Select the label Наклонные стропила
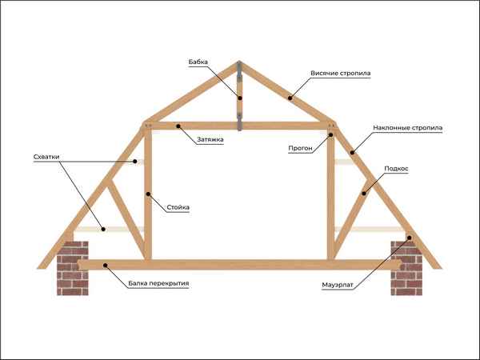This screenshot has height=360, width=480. click(x=407, y=128)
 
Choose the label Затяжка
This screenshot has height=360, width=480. click(x=210, y=140)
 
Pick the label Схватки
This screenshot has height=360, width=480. click(x=47, y=157)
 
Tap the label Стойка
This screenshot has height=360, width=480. click(x=178, y=208)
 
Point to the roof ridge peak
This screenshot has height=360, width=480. click(x=238, y=62)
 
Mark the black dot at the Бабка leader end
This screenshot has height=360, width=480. click(x=238, y=99)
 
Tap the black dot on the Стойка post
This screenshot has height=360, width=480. click(x=147, y=193)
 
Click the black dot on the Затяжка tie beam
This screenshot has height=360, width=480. click(x=179, y=126)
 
